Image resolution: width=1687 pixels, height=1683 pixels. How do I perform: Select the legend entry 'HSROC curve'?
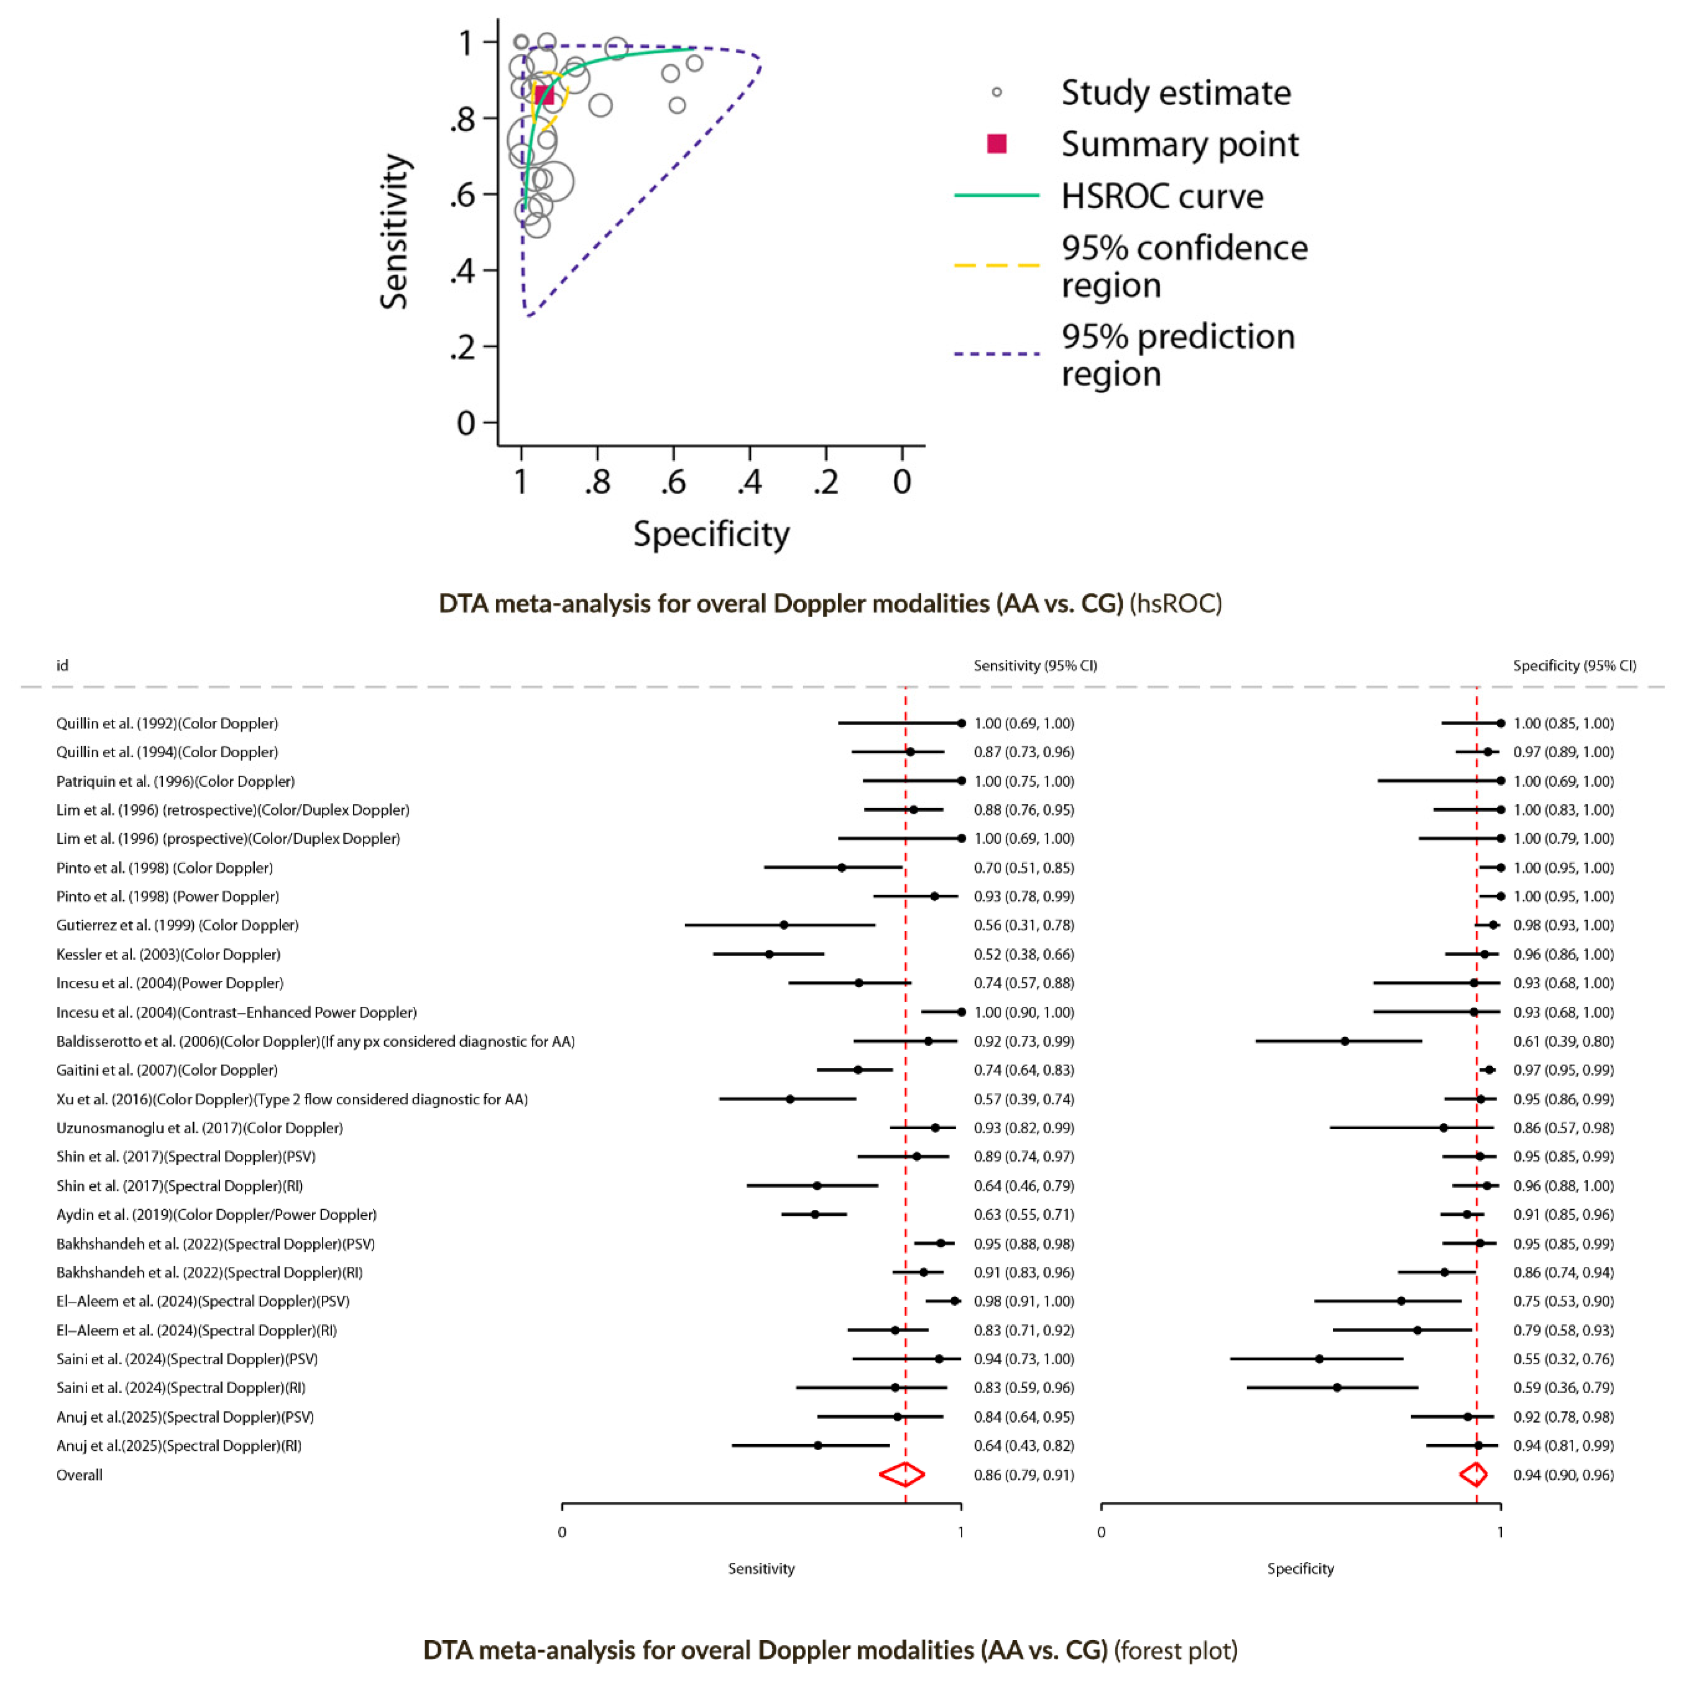pyautogui.click(x=1161, y=196)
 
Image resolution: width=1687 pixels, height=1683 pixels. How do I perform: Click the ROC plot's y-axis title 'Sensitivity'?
pyautogui.click(x=395, y=232)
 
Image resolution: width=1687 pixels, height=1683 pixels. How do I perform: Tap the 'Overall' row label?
pyautogui.click(x=79, y=1474)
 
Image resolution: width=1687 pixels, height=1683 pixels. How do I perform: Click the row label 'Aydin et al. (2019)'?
pyautogui.click(x=217, y=1214)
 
